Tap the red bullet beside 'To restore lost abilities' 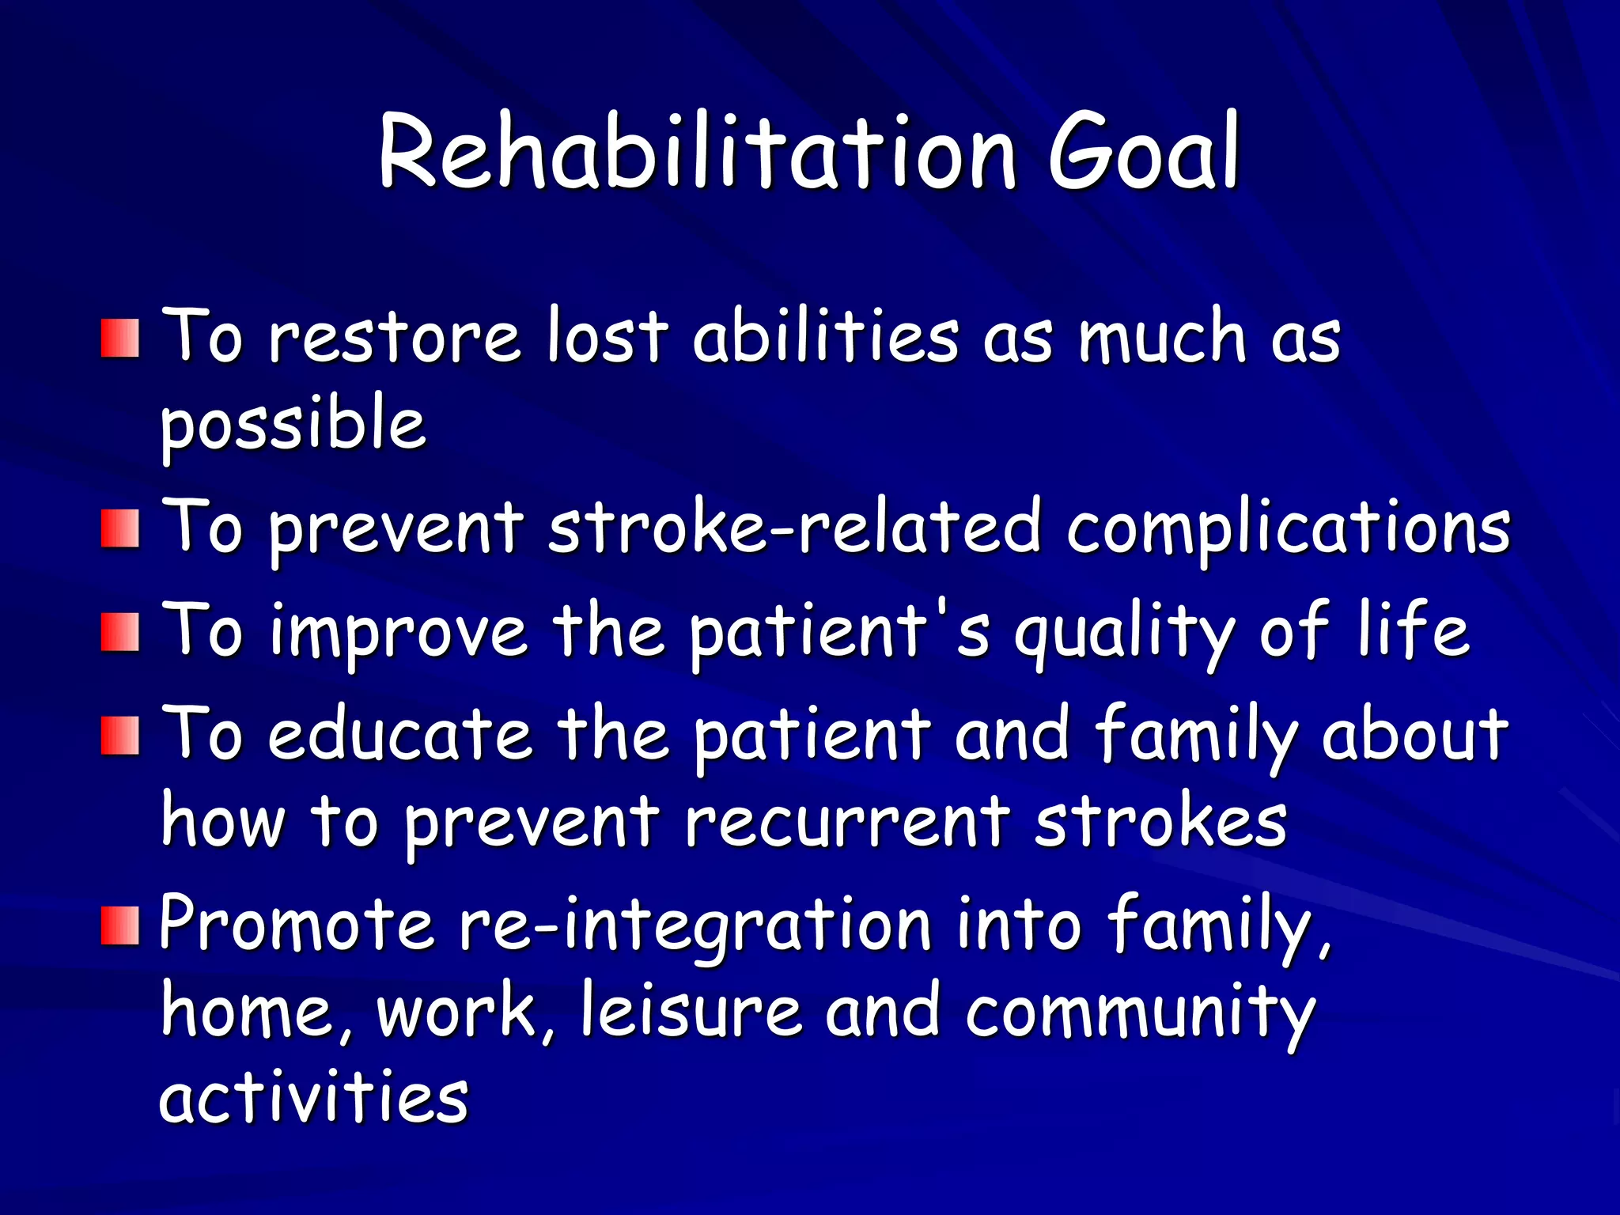(x=120, y=339)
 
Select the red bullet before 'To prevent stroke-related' (x=120, y=528)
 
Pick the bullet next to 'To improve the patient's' (x=120, y=632)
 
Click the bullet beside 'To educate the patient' (x=120, y=736)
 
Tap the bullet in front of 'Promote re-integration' (x=120, y=925)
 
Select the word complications (x=1288, y=528)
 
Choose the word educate (x=399, y=736)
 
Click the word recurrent (x=846, y=823)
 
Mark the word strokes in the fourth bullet (x=1160, y=823)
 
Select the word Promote (x=296, y=924)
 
